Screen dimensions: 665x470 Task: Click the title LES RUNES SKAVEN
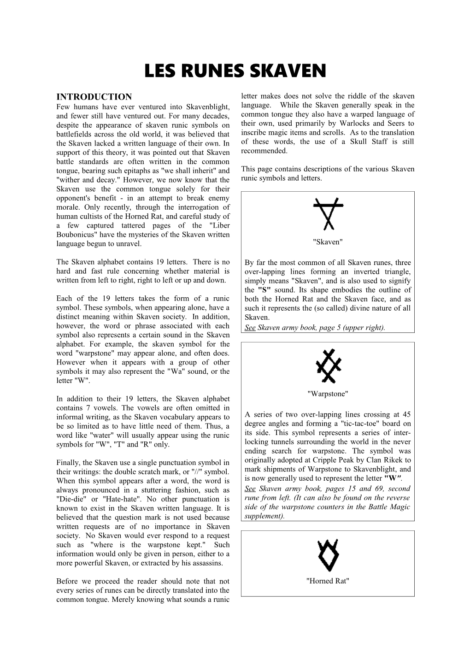pyautogui.click(x=235, y=71)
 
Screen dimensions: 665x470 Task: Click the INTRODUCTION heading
pyautogui.click(x=94, y=97)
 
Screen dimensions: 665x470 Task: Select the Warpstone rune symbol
pyautogui.click(x=328, y=366)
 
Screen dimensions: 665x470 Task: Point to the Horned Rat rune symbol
pyautogui.click(x=328, y=556)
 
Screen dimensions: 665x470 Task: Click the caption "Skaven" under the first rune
pyautogui.click(x=328, y=242)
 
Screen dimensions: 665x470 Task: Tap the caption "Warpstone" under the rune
pyautogui.click(x=328, y=394)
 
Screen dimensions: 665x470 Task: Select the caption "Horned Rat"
pyautogui.click(x=328, y=581)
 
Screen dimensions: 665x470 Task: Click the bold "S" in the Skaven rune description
pyautogui.click(x=264, y=290)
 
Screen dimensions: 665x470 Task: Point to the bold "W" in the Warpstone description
pyautogui.click(x=390, y=478)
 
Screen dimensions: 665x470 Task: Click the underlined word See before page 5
pyautogui.click(x=250, y=328)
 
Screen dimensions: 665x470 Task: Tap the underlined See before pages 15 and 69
pyautogui.click(x=250, y=488)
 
